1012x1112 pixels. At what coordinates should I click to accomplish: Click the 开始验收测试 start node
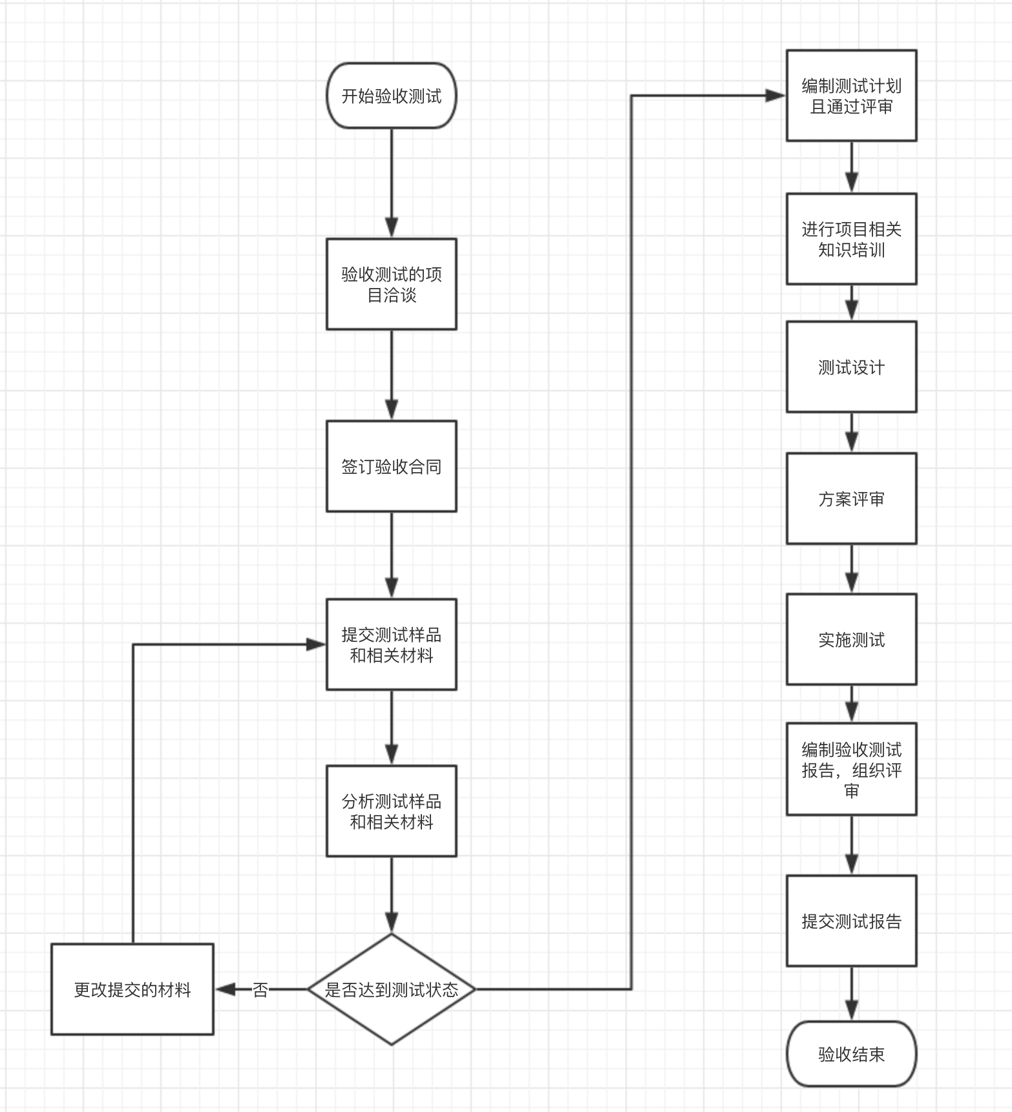coord(391,96)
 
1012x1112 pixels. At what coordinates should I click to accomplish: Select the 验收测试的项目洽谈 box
coord(391,284)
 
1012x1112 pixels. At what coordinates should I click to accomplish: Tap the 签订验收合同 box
coord(391,466)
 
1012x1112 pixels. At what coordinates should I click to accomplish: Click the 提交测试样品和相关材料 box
coord(391,644)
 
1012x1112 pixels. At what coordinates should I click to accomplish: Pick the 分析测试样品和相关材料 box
coord(391,811)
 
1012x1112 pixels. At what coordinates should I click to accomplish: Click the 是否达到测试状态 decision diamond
coord(391,989)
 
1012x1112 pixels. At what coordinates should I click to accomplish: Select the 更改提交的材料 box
coord(132,989)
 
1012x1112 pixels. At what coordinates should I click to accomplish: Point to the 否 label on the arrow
coord(260,989)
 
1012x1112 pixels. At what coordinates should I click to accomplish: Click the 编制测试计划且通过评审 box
coord(851,96)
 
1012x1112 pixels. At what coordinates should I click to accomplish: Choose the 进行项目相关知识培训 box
coord(851,239)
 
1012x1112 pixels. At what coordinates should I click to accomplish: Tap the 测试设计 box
coord(851,367)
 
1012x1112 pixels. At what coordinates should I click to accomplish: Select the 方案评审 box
coord(851,499)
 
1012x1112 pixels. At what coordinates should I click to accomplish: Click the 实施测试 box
coord(851,639)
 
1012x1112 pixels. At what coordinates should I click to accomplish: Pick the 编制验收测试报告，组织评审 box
coord(851,769)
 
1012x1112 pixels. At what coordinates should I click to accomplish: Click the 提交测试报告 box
coord(851,921)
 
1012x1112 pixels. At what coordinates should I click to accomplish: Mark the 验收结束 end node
coord(851,1054)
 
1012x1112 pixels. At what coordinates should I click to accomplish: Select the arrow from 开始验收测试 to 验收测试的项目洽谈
coord(391,181)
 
